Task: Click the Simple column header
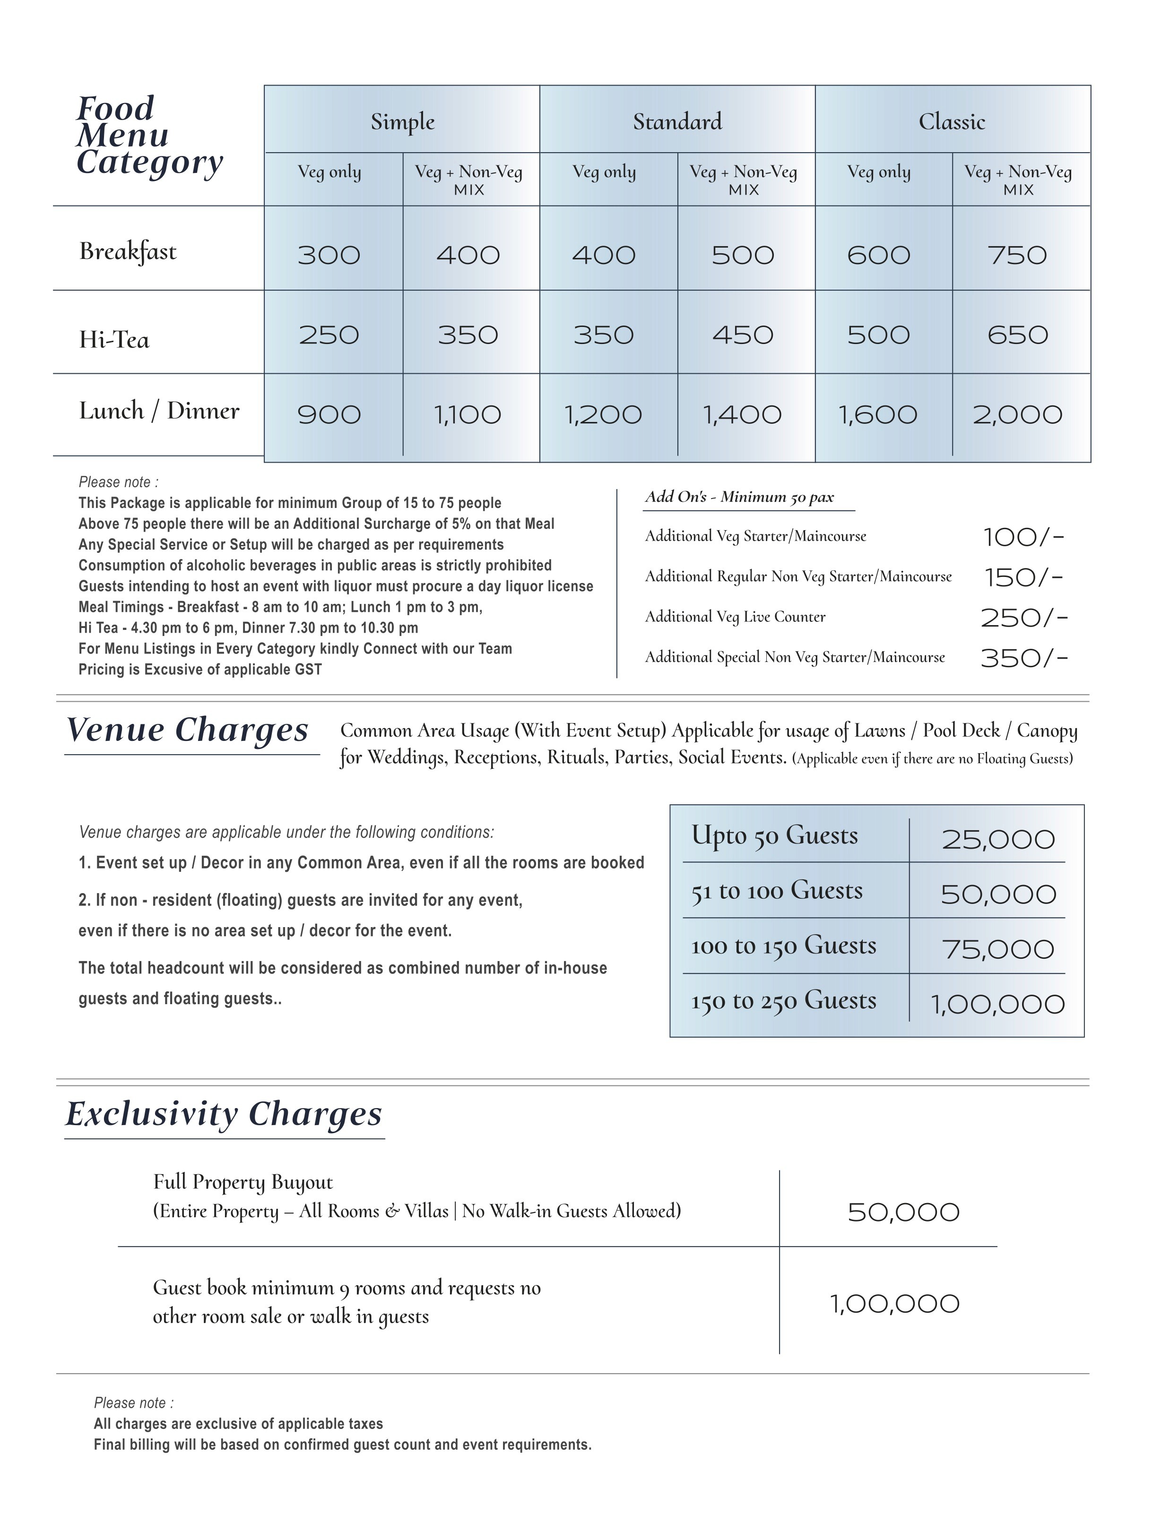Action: click(x=403, y=122)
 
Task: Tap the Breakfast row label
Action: click(x=128, y=251)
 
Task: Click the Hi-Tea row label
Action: click(x=114, y=340)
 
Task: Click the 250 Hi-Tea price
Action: click(x=329, y=335)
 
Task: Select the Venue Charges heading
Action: click(x=187, y=731)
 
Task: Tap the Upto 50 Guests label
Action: click(x=774, y=835)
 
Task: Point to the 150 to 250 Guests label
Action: click(x=783, y=1001)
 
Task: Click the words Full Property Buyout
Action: click(x=243, y=1182)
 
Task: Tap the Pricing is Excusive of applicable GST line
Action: click(x=200, y=670)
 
